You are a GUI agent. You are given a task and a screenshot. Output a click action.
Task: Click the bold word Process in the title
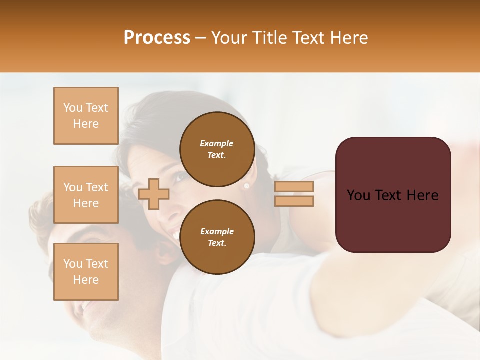click(x=157, y=38)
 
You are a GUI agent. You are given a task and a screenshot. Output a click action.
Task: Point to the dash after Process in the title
click(x=200, y=38)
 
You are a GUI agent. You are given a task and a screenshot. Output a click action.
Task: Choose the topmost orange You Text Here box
click(x=86, y=116)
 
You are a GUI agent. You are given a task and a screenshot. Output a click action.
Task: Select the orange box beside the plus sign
click(x=86, y=195)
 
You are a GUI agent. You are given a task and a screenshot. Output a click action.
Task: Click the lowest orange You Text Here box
click(x=86, y=271)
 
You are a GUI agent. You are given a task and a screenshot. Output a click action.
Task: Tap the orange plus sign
click(x=154, y=194)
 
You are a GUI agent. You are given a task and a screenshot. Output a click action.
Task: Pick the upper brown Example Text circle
click(x=217, y=149)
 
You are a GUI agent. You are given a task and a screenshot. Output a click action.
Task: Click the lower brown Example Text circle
click(x=217, y=237)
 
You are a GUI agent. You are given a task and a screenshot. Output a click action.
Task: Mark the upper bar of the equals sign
click(x=294, y=186)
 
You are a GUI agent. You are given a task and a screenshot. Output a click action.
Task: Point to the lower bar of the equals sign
click(x=294, y=201)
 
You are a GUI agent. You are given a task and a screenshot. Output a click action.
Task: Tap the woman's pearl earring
click(x=246, y=186)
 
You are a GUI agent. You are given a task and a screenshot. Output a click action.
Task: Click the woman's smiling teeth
click(x=173, y=233)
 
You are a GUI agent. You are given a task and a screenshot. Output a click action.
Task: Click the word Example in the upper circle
click(x=217, y=143)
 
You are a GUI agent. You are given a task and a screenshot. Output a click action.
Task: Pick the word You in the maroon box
click(x=359, y=195)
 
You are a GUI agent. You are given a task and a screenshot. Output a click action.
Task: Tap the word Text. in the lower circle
click(x=217, y=243)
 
